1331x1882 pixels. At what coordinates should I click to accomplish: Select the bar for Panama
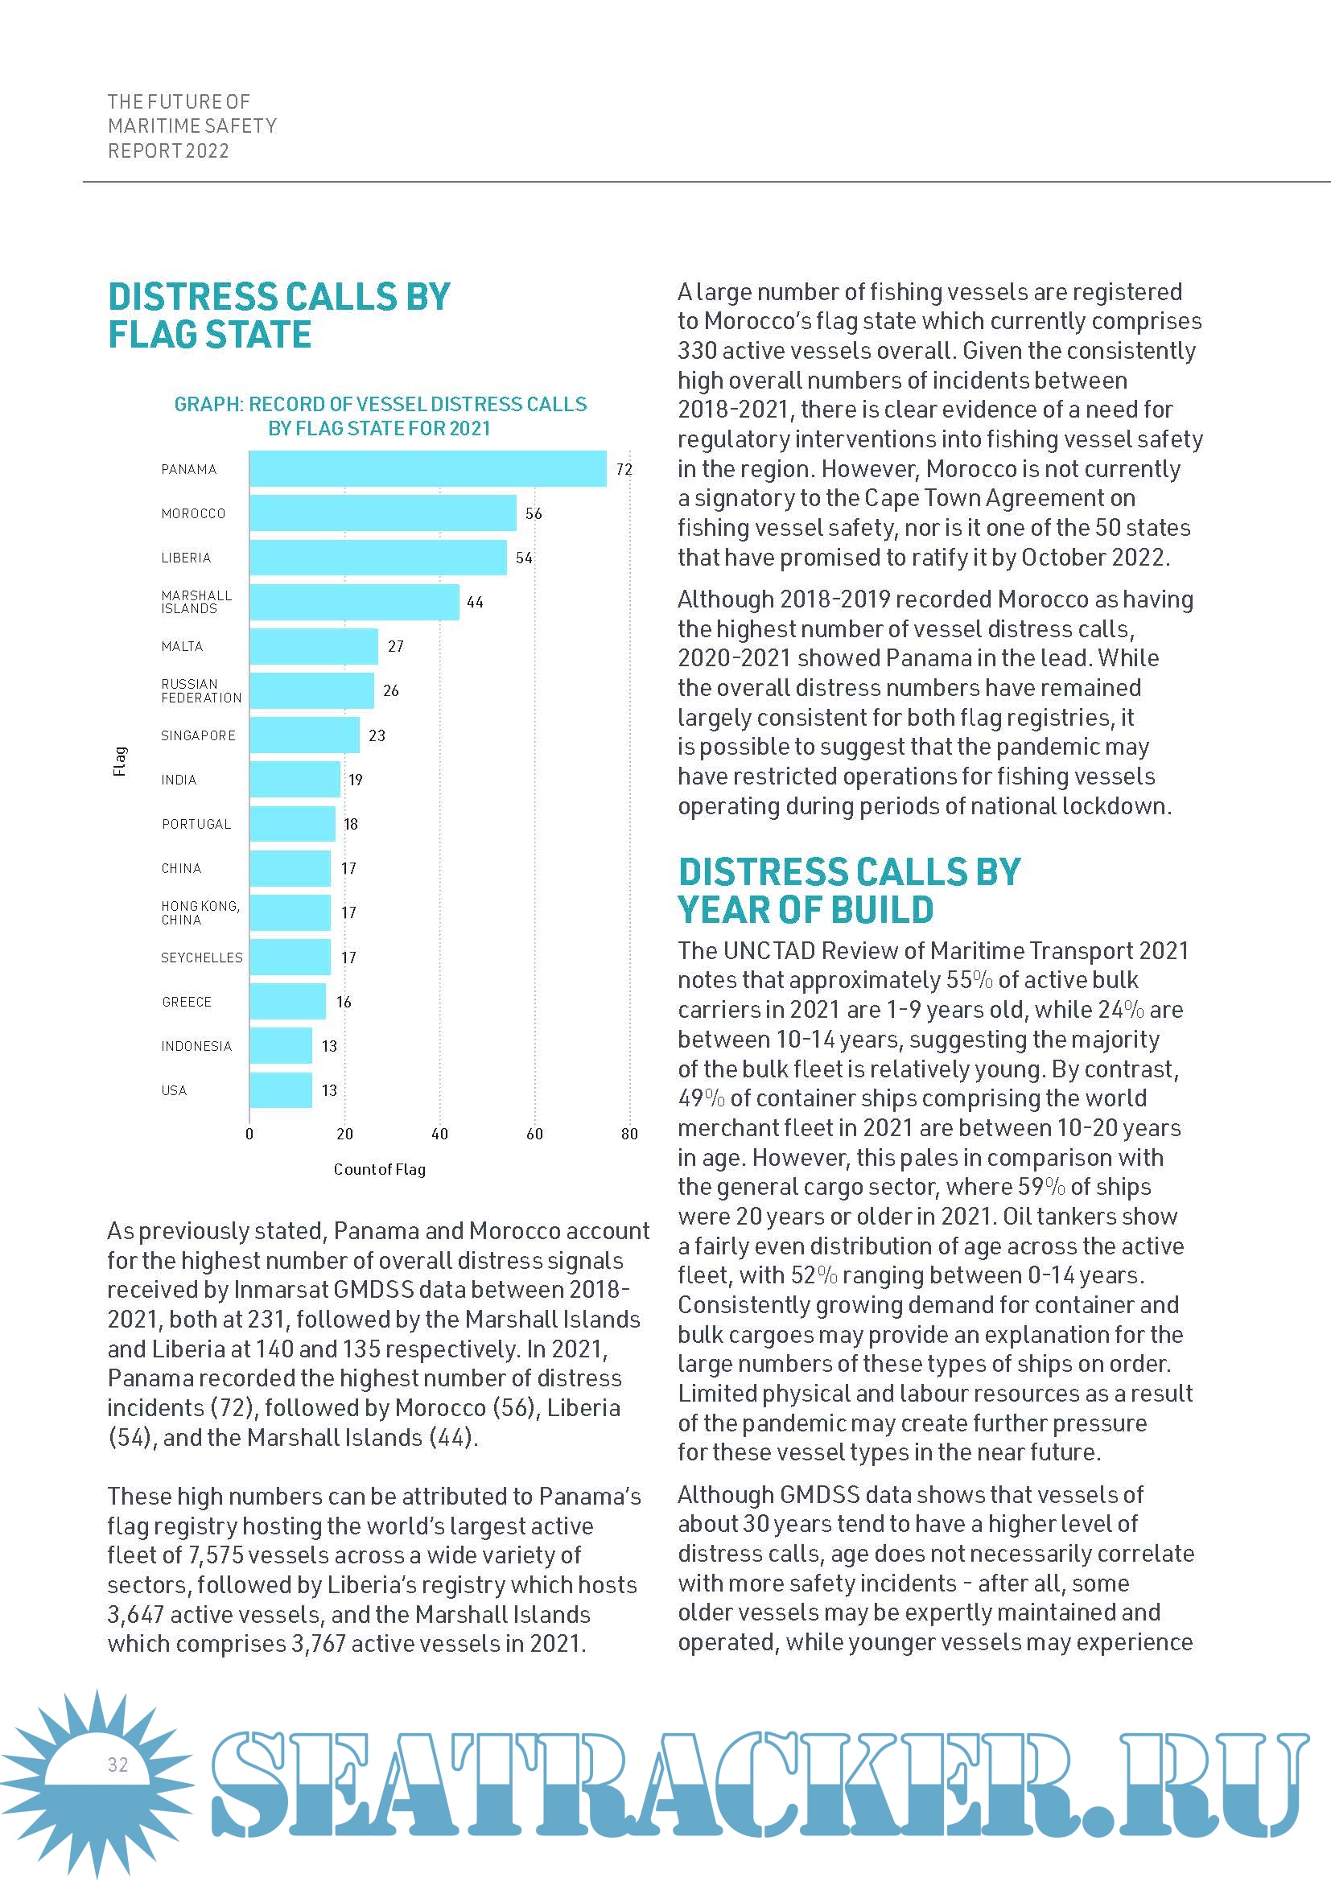coord(428,469)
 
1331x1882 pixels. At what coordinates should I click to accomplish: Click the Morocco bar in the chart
coord(383,513)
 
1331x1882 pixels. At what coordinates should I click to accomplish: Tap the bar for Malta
coord(314,646)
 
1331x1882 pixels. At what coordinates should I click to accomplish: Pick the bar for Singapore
coord(304,735)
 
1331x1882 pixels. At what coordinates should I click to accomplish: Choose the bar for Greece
coord(287,1002)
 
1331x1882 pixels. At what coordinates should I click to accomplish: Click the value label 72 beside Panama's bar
coord(624,470)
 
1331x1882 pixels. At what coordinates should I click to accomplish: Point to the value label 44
coord(476,603)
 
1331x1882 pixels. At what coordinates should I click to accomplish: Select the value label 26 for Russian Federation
coord(391,691)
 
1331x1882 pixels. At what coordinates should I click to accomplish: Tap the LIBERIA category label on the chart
coord(186,558)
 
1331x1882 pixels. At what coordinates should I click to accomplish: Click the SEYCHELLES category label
coord(202,957)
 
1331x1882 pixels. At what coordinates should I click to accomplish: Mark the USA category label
coord(174,1090)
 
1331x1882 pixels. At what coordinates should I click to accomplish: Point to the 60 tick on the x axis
coord(534,1135)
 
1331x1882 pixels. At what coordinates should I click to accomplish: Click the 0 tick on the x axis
coord(249,1135)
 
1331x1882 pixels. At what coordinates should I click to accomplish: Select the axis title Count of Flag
coord(380,1170)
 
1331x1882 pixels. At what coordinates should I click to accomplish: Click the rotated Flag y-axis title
coord(120,760)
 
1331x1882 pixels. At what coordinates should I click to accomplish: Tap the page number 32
coord(118,1765)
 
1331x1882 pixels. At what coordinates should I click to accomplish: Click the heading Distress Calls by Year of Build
coord(849,891)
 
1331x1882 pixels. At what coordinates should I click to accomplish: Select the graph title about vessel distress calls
coord(381,417)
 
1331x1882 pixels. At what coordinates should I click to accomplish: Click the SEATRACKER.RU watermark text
coord(758,1785)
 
